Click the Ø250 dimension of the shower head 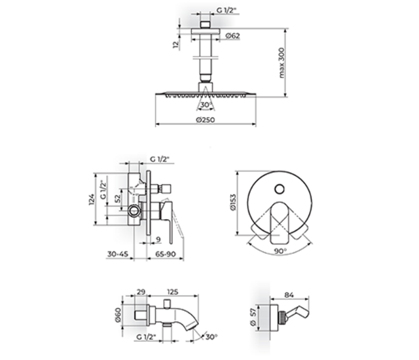click(205, 120)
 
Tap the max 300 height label click(282, 63)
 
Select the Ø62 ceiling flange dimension click(232, 36)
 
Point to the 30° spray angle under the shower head click(206, 104)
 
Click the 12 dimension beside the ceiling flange click(175, 44)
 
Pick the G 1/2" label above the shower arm click(226, 10)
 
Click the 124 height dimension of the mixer click(92, 199)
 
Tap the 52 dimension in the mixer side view click(118, 199)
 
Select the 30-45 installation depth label click(118, 254)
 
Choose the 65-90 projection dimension click(166, 254)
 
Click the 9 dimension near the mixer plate click(158, 239)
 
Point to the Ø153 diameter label click(233, 202)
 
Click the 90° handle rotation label click(280, 251)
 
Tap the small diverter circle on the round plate click(280, 189)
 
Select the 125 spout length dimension click(172, 292)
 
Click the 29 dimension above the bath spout click(141, 292)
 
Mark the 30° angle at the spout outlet click(211, 337)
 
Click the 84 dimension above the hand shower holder click(289, 295)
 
